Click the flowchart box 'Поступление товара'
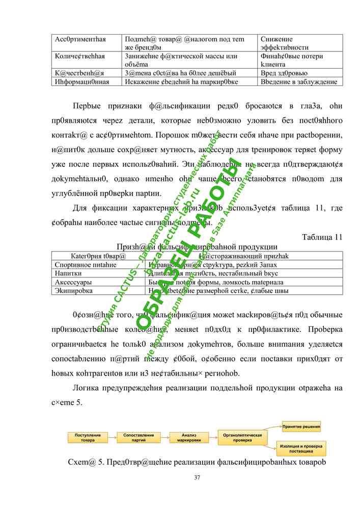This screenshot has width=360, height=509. point(88,437)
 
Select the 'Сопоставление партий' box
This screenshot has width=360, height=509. point(139,437)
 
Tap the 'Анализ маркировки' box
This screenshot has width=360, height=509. point(188,437)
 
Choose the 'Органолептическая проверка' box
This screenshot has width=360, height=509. point(243,437)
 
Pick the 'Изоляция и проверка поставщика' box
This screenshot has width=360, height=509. point(302,448)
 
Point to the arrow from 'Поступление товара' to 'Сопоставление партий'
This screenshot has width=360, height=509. point(113,437)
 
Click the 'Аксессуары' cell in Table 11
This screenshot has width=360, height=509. point(73,281)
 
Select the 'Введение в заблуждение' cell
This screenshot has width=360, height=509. point(298,81)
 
